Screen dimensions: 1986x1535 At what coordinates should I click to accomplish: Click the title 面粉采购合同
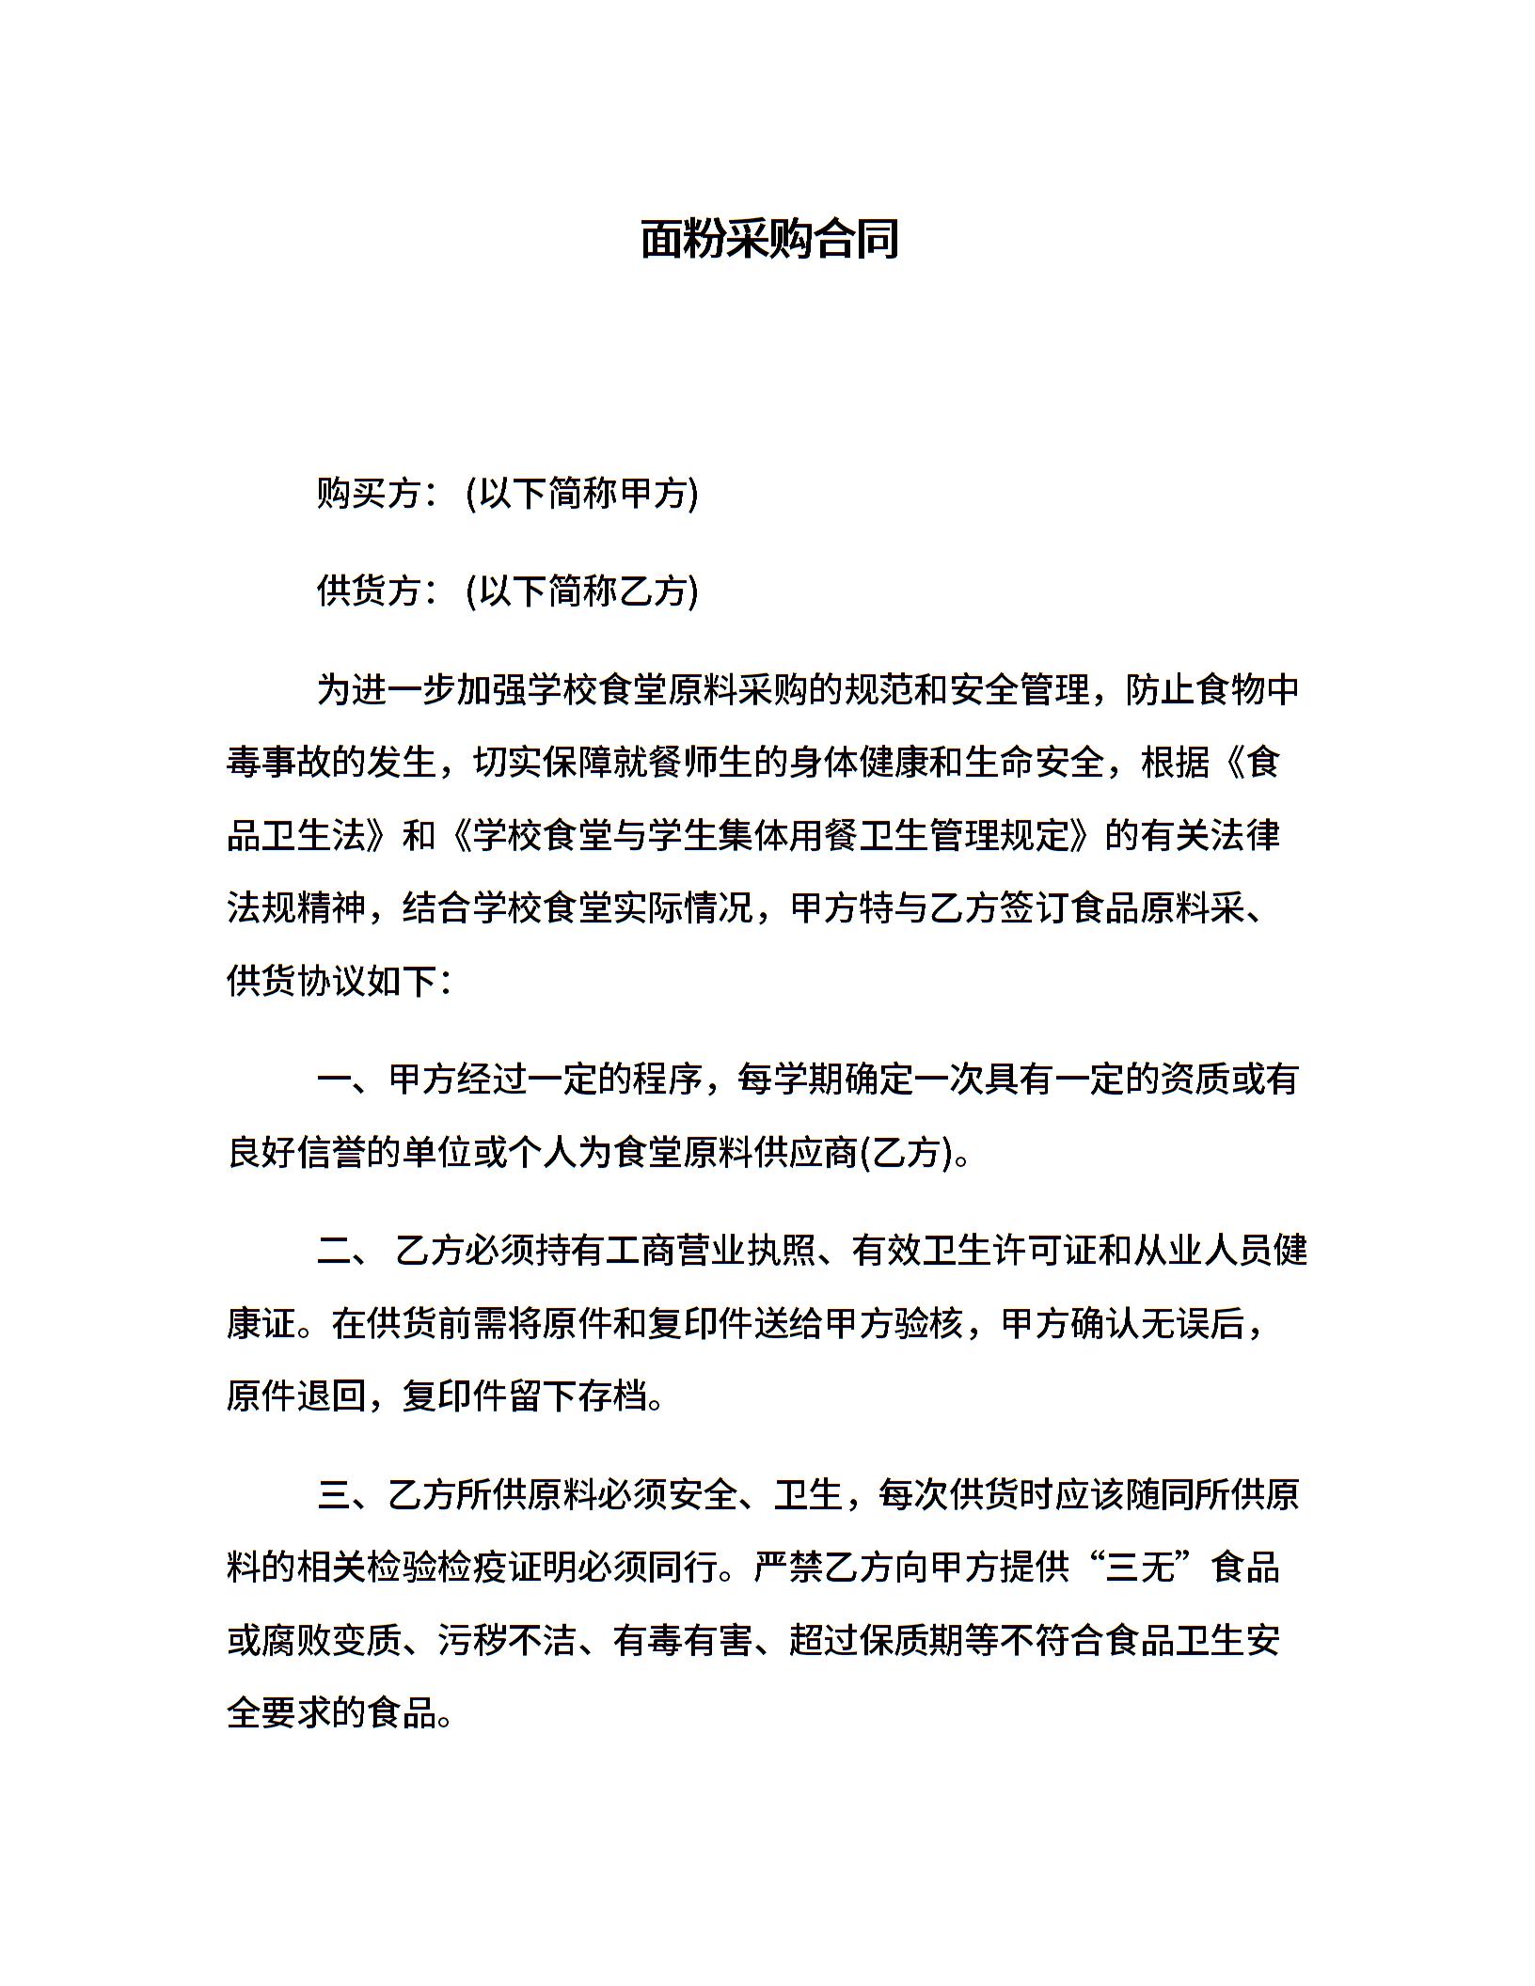coord(769,239)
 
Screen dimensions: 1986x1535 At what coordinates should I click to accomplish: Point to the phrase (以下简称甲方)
coord(582,493)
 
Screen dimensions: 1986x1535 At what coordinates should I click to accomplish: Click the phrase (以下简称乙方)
coord(582,591)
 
